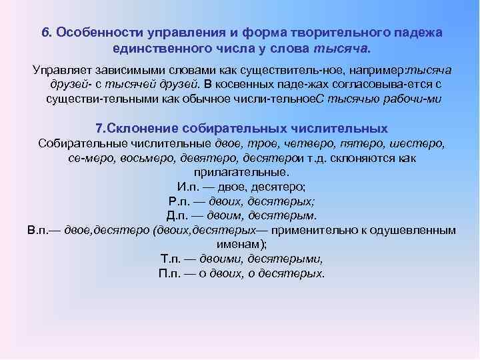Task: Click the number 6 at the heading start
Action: [x=45, y=33]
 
